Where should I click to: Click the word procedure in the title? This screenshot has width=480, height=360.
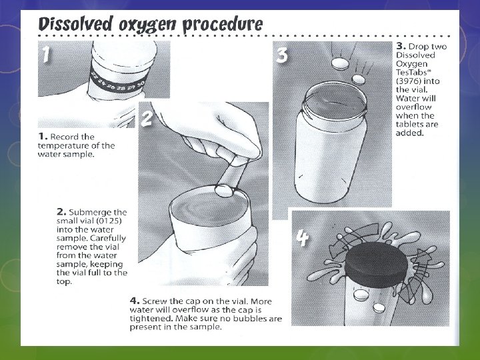[x=223, y=25]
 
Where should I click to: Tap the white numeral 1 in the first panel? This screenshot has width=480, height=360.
[x=46, y=54]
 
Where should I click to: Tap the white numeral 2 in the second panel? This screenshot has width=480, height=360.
[x=146, y=118]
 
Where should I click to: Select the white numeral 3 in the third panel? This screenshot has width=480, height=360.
[x=281, y=55]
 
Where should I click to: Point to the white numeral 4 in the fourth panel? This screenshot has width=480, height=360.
[x=303, y=238]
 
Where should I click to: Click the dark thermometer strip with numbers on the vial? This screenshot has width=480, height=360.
[x=118, y=81]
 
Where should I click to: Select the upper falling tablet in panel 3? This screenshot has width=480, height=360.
[x=340, y=64]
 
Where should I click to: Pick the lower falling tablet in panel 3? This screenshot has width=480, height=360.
[x=359, y=80]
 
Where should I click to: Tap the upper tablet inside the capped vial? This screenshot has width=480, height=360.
[x=361, y=295]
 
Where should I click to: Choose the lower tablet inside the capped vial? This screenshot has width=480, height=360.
[x=379, y=307]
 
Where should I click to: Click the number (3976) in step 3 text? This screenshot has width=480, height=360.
[x=409, y=81]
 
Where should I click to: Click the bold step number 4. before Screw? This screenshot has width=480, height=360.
[x=135, y=301]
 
